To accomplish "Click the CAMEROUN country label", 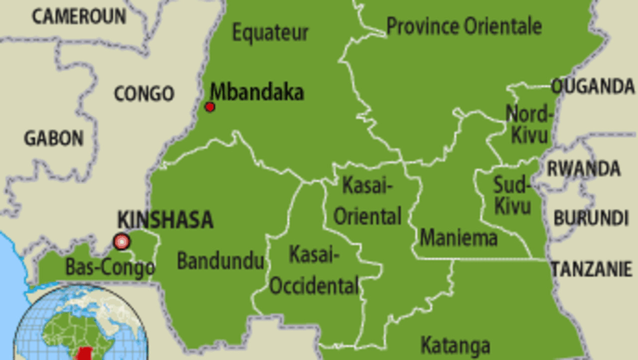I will (79, 16).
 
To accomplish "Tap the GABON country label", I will (54, 138).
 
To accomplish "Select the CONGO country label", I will (144, 94).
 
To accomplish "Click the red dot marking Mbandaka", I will (210, 107).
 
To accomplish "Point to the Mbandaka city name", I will (257, 92).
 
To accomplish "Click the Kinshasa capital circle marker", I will (121, 242).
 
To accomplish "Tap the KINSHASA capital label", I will (165, 220).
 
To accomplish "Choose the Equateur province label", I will (271, 33).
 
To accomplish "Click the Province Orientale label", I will (464, 26).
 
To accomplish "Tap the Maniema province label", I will (459, 237).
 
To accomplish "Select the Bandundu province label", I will (220, 261).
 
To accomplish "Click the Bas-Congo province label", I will (110, 268).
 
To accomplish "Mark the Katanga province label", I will (455, 345).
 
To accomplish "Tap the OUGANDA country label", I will (593, 87).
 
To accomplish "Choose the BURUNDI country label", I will (591, 218).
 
